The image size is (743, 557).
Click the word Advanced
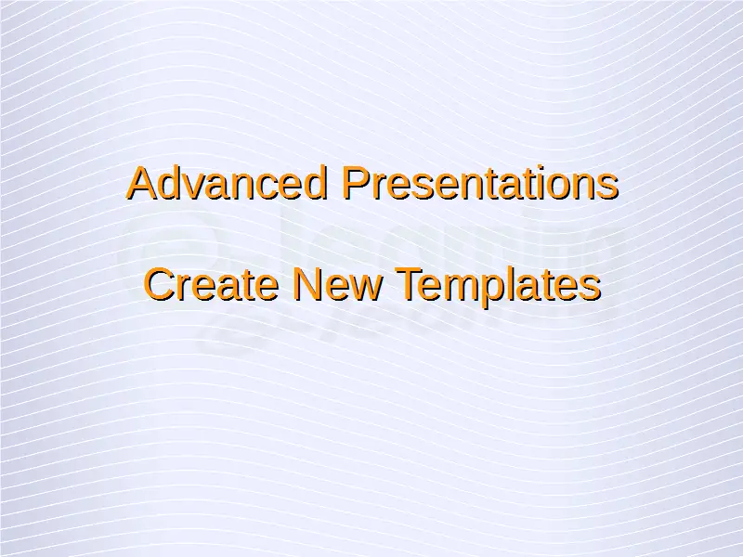pos(227,182)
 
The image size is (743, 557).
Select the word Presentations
pos(480,182)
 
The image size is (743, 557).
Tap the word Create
pos(211,284)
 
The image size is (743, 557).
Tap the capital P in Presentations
pos(358,182)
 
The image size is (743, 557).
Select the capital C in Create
pos(160,284)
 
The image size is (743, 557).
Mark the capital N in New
pos(308,284)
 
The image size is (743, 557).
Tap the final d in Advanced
pos(315,182)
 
